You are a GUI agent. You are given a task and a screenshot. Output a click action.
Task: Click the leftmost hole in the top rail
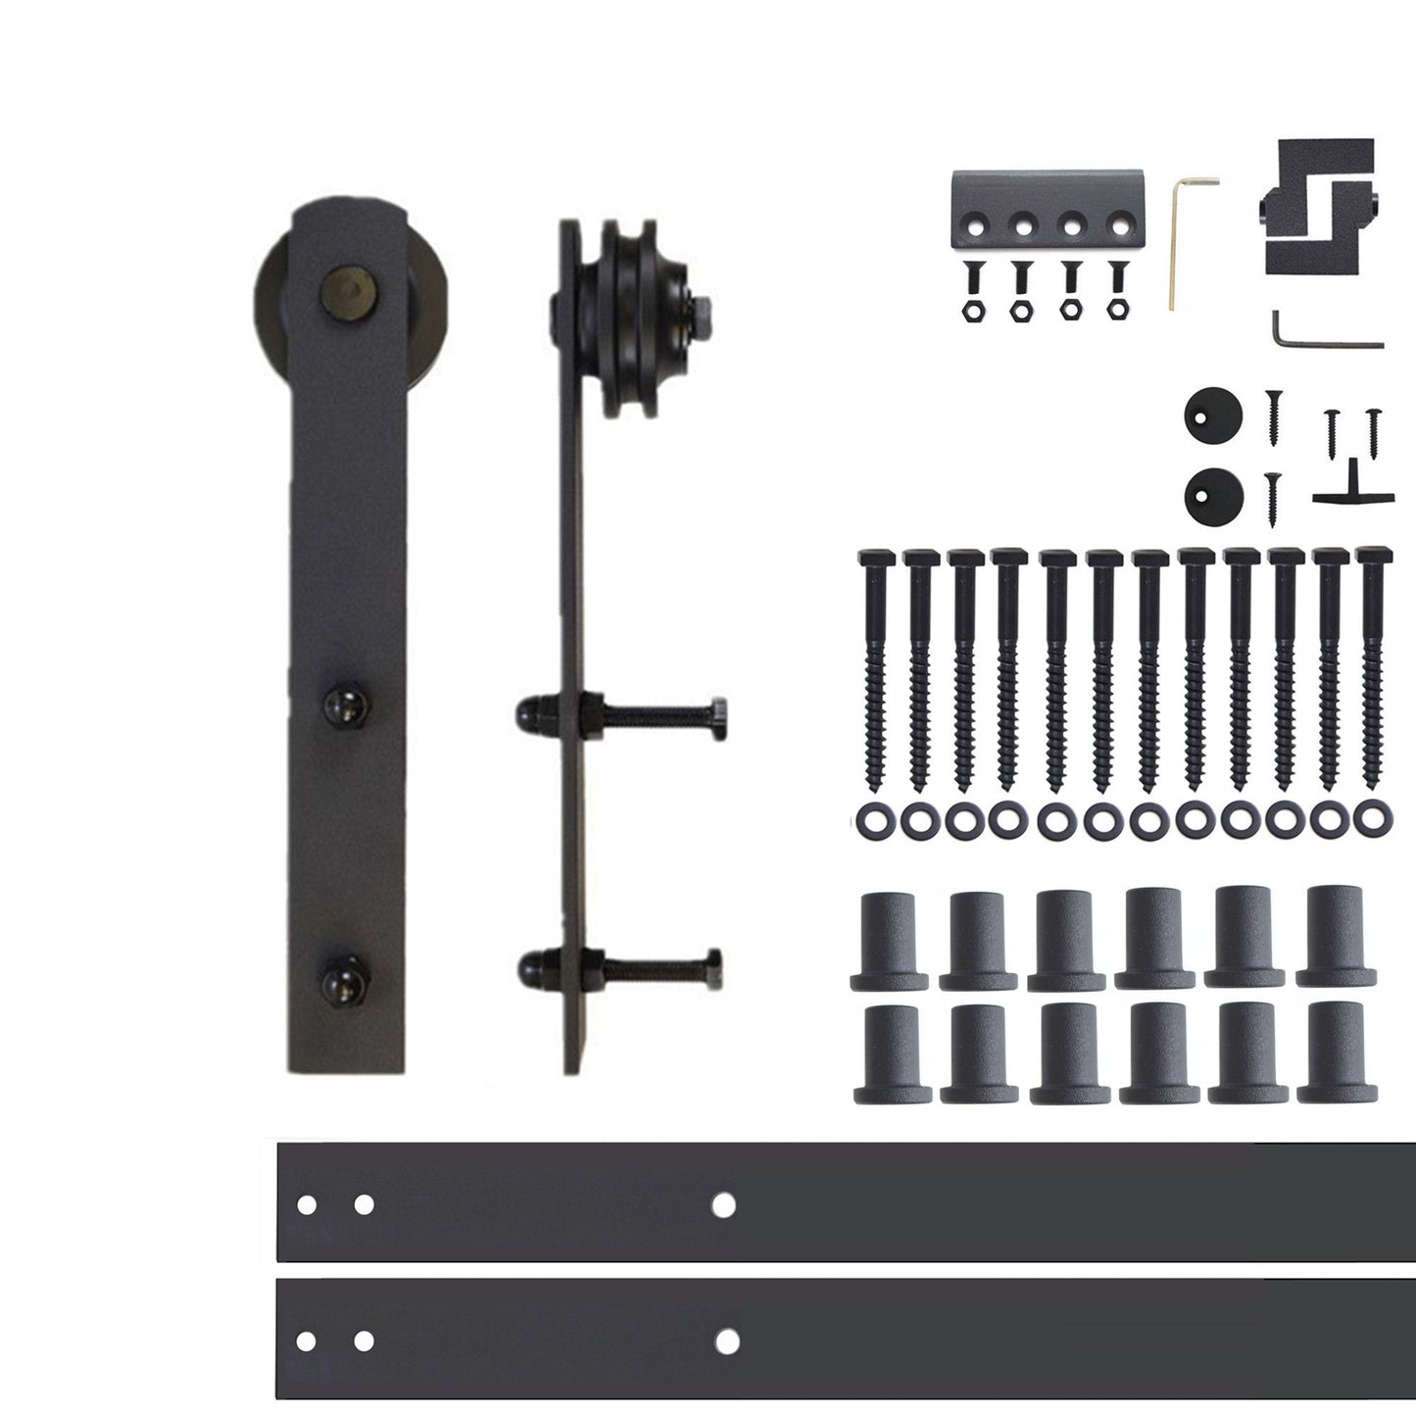(x=307, y=1204)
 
